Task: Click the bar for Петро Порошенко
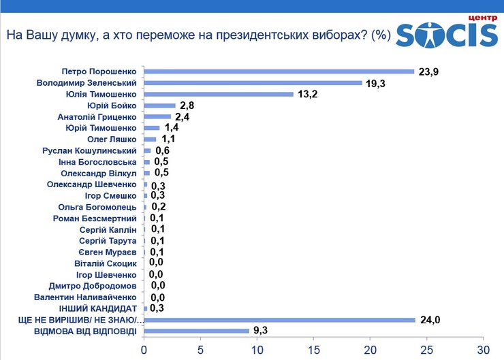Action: pos(279,71)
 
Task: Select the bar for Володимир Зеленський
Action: pos(253,82)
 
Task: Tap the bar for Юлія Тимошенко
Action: pos(219,94)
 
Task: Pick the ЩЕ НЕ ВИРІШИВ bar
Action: pos(280,320)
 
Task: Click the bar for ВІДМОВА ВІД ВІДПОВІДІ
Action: pos(197,331)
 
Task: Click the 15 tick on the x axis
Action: pos(313,350)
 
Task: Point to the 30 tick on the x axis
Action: pos(482,350)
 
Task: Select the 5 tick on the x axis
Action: pos(200,350)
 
